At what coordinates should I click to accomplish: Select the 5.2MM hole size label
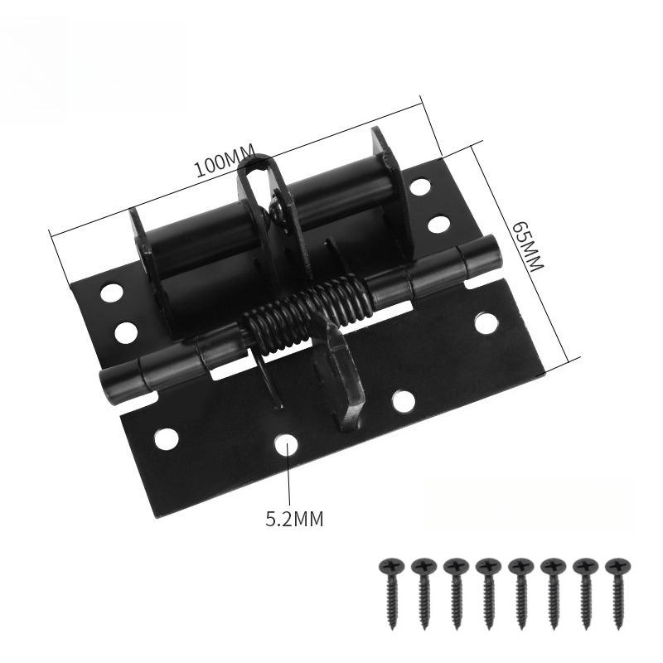pyautogui.click(x=294, y=520)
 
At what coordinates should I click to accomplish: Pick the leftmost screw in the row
pyautogui.click(x=390, y=593)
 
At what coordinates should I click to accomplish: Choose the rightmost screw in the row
pyautogui.click(x=615, y=593)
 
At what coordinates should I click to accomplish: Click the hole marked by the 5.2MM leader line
pyautogui.click(x=287, y=445)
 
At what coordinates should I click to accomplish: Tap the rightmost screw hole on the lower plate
pyautogui.click(x=486, y=322)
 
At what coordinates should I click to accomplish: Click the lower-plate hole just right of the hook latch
pyautogui.click(x=403, y=401)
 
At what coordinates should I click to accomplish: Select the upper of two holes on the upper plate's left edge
pyautogui.click(x=111, y=293)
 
